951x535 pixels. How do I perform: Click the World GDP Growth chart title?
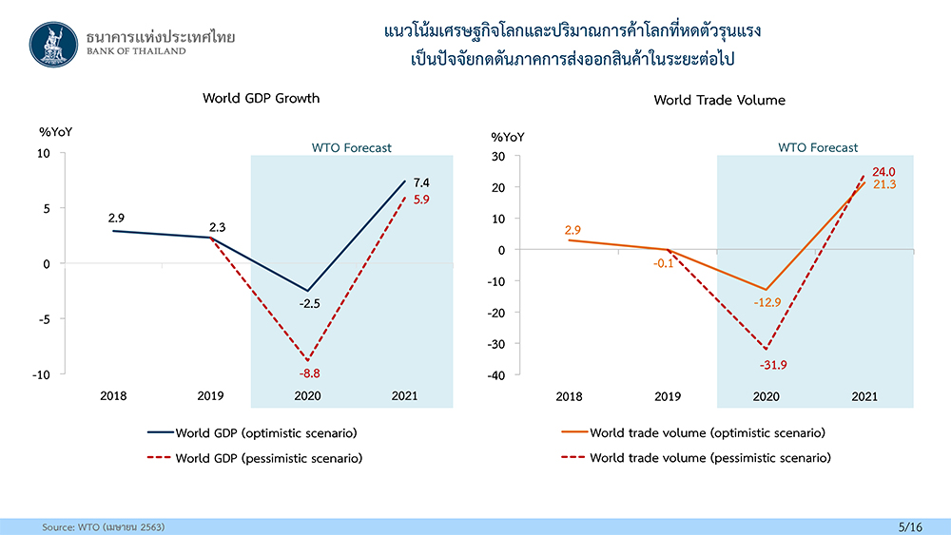point(262,98)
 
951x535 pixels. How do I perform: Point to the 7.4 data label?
point(419,182)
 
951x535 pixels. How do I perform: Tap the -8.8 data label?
point(311,374)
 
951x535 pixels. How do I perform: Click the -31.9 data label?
point(773,365)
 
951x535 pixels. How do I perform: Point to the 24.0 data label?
point(884,171)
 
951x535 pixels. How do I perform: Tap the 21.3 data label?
point(884,184)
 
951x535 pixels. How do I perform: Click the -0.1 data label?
point(664,263)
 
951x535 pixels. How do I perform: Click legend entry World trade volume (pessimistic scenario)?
point(709,458)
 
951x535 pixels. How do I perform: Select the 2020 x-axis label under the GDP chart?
point(308,396)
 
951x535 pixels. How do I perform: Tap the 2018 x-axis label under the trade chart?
point(570,396)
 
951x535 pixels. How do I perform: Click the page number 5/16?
point(911,525)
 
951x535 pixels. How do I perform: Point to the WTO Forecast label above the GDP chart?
point(352,148)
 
